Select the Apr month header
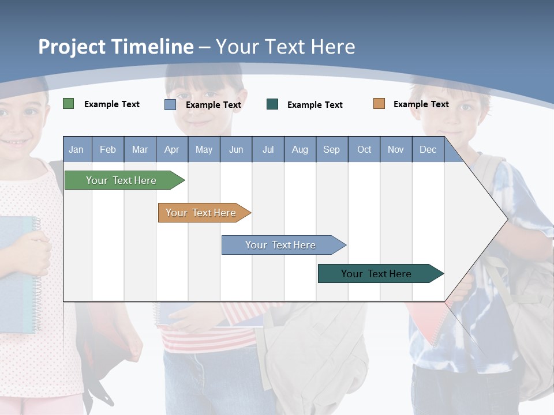[172, 149]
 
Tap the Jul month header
[268, 149]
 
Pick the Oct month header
[364, 149]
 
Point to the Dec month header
[428, 149]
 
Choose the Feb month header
[108, 149]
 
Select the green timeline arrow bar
[125, 180]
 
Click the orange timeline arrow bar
[204, 213]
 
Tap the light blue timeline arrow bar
[284, 245]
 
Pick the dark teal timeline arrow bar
[381, 273]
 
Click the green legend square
[68, 103]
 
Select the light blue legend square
[170, 104]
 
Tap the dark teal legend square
[272, 104]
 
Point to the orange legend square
[379, 103]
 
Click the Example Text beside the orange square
[421, 104]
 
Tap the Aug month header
[300, 149]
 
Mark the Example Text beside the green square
[112, 104]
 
